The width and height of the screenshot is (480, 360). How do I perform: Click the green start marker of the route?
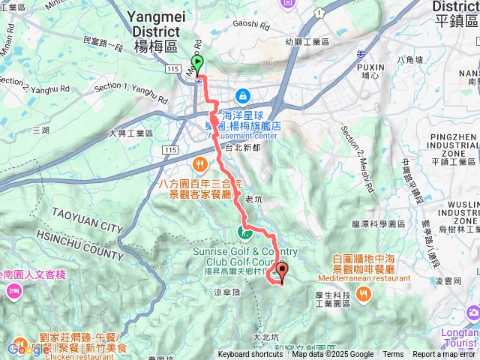pos(197,63)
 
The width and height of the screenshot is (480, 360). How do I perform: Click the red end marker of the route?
pos(282,270)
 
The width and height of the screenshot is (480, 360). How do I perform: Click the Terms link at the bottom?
pos(393,355)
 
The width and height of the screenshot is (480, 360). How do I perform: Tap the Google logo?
pos(28,348)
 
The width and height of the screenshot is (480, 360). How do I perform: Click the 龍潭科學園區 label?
pos(378,223)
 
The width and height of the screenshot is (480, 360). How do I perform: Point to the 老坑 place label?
pos(254,198)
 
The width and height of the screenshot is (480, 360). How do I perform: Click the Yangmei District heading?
pos(154,31)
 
